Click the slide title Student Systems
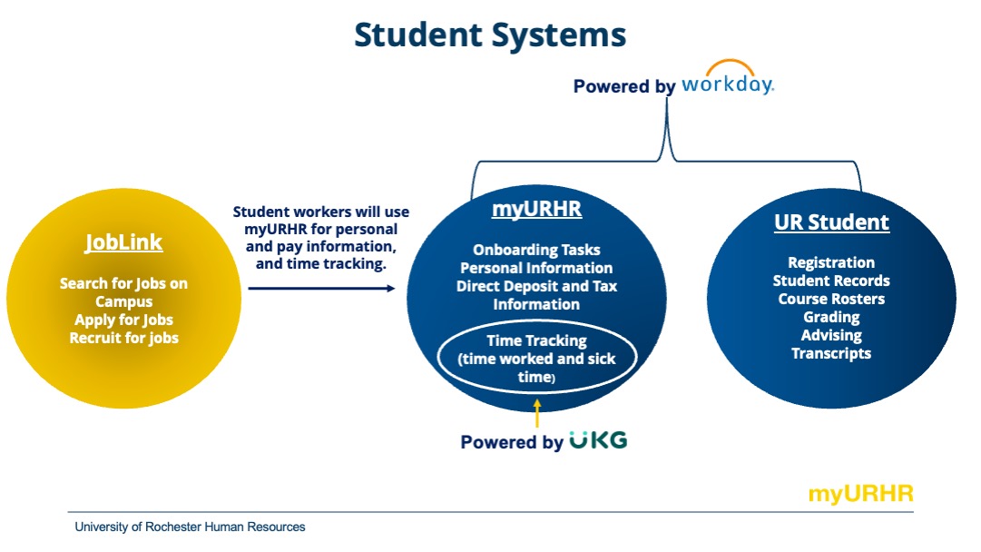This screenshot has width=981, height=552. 490,35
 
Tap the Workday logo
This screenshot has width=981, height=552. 727,82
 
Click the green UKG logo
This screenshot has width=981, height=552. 598,441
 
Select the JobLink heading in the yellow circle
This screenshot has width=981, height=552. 123,242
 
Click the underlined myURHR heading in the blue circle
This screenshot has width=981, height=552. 536,209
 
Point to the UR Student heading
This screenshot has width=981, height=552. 831,222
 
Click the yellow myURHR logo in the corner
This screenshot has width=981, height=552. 860,494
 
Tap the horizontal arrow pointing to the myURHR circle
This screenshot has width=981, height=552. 321,288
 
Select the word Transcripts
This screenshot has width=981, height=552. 831,353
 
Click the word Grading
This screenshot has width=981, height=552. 831,317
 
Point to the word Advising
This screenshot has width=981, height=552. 831,335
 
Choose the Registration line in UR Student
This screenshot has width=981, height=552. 831,262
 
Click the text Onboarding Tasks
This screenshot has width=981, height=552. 536,250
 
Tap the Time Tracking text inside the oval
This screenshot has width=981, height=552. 536,341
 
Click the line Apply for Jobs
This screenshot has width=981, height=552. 123,320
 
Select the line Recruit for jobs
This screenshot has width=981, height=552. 123,338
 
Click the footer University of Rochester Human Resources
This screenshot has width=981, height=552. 190,527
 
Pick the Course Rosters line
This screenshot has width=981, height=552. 831,299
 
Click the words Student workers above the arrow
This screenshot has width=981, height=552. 277,212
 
